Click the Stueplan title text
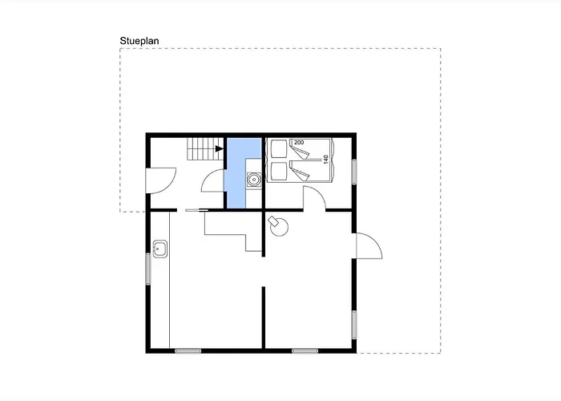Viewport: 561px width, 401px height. point(139,41)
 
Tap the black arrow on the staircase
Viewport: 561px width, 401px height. point(219,148)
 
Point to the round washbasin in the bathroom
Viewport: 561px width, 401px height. point(254,180)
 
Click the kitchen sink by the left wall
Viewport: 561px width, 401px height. point(160,249)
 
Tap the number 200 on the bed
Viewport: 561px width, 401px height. point(299,143)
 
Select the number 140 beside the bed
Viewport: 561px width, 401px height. point(325,160)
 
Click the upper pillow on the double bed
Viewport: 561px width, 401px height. point(279,149)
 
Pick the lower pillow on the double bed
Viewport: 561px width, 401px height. point(279,171)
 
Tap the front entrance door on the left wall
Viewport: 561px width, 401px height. point(161,180)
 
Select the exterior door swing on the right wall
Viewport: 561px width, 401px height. point(369,245)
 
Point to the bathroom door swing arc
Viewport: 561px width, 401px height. point(213,180)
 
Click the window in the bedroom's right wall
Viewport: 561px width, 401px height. point(354,172)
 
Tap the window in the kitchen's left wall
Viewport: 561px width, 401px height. point(148,269)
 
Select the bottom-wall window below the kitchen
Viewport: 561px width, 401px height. point(188,351)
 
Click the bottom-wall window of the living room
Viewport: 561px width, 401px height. point(305,351)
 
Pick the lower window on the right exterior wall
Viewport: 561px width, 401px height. point(354,325)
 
